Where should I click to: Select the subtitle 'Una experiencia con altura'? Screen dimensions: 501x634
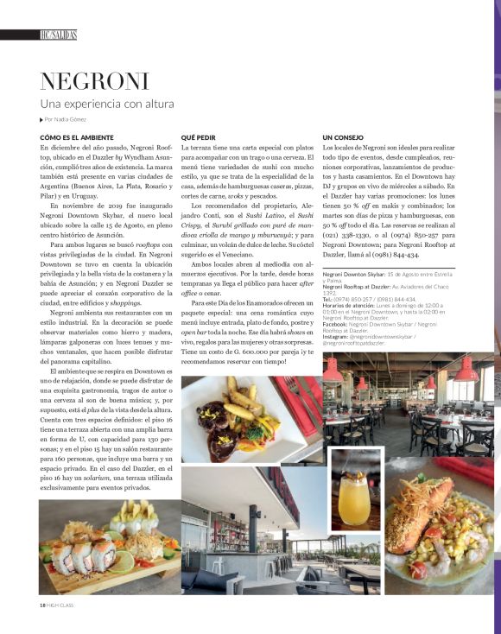107,105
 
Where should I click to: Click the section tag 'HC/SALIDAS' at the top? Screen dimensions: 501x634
58,35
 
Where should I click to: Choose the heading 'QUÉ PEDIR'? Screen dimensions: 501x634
199,137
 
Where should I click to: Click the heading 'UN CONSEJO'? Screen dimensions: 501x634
343,137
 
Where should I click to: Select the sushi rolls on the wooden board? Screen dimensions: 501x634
82,550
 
